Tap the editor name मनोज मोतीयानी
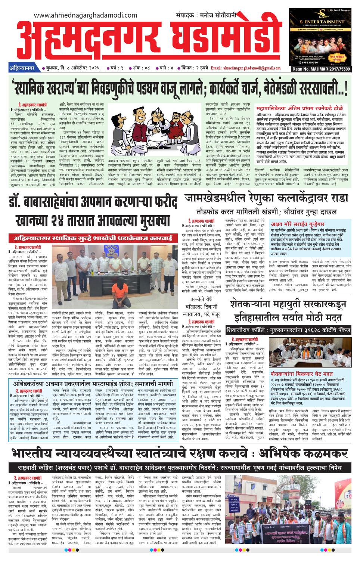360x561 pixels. (222, 15)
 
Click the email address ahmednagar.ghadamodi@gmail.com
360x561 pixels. (245, 68)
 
